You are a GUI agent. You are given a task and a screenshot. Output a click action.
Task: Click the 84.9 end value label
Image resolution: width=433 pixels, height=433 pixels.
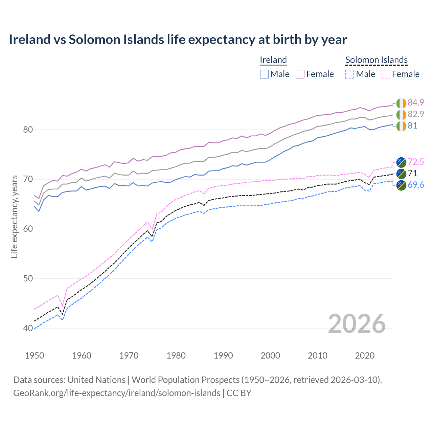pyautogui.click(x=416, y=102)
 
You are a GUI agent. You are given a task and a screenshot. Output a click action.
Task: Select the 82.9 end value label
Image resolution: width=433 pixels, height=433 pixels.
pyautogui.click(x=416, y=114)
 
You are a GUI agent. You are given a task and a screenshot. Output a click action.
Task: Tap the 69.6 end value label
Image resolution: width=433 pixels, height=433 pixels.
pyautogui.click(x=416, y=185)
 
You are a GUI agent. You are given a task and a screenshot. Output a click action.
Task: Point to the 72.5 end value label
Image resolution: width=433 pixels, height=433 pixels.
pyautogui.click(x=416, y=162)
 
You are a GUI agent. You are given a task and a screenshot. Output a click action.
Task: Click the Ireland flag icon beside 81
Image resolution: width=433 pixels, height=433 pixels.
pyautogui.click(x=401, y=126)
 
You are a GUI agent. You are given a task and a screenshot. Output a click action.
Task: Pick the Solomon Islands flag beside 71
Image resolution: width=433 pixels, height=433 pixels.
pyautogui.click(x=401, y=174)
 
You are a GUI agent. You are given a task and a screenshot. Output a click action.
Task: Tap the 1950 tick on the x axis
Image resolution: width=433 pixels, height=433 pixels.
pyautogui.click(x=35, y=356)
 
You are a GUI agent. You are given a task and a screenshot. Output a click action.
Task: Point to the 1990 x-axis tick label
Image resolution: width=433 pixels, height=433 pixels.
pyautogui.click(x=223, y=356)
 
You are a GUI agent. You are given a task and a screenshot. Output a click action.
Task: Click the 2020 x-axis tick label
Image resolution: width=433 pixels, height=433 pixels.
pyautogui.click(x=365, y=356)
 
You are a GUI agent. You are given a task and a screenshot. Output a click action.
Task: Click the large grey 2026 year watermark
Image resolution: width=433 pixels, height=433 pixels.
pyautogui.click(x=357, y=324)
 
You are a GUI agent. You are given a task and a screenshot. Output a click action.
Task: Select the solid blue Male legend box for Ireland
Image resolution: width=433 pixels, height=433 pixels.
pyautogui.click(x=264, y=74)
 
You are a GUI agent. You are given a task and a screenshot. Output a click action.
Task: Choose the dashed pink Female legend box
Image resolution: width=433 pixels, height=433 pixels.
pyautogui.click(x=386, y=74)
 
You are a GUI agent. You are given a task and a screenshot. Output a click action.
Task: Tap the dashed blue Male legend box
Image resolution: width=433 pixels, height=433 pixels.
pyautogui.click(x=350, y=74)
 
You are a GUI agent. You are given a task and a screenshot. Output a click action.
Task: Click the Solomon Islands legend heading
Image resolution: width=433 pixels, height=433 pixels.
pyautogui.click(x=376, y=60)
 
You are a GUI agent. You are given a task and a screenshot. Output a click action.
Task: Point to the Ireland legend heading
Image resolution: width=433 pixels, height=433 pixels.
pyautogui.click(x=273, y=60)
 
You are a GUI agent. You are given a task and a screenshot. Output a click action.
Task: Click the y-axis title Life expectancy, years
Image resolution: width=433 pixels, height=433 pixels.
pyautogui.click(x=14, y=216)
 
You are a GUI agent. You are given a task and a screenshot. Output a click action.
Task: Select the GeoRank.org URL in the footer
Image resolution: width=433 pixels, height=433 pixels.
pyautogui.click(x=117, y=393)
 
